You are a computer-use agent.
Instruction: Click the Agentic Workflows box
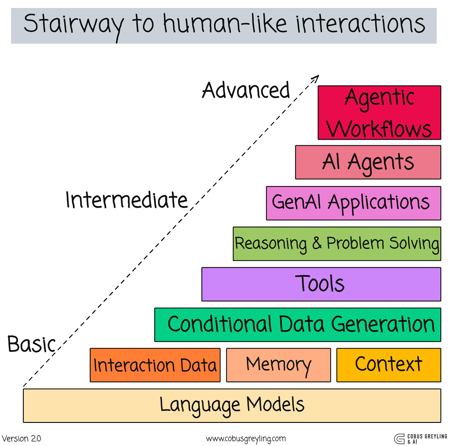click(x=379, y=113)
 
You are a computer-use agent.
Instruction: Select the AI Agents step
click(x=368, y=162)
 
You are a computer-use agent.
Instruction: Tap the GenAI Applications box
click(x=353, y=203)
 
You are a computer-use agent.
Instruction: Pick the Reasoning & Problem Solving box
click(x=337, y=244)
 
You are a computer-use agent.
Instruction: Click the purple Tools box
click(x=321, y=284)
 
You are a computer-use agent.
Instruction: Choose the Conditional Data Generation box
click(x=297, y=325)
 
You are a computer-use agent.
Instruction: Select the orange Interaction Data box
click(x=155, y=365)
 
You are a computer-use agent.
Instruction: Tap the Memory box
click(x=278, y=365)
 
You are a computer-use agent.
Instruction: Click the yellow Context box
click(x=389, y=365)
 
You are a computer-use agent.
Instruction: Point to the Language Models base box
click(x=232, y=406)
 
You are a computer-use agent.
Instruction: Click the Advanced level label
click(x=246, y=91)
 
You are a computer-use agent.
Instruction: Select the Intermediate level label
click(x=126, y=200)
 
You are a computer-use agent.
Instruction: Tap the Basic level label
click(x=31, y=344)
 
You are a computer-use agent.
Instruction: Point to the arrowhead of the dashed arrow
click(x=316, y=78)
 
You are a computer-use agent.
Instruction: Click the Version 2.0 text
click(x=21, y=439)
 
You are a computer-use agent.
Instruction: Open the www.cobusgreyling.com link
click(x=246, y=439)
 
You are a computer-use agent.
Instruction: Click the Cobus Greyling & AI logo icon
click(x=399, y=439)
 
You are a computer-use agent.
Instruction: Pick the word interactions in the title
click(x=360, y=24)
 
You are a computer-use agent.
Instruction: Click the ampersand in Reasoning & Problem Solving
click(x=317, y=243)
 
